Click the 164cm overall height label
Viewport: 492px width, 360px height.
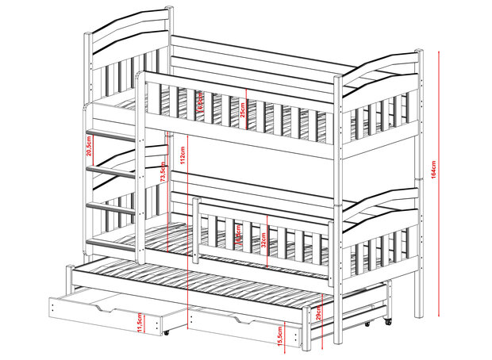point(435,170)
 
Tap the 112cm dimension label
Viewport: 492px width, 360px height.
point(183,155)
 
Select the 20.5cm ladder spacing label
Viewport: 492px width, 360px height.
point(91,145)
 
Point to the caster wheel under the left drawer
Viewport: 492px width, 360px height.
point(166,333)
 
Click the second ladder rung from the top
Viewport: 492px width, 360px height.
point(110,169)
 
